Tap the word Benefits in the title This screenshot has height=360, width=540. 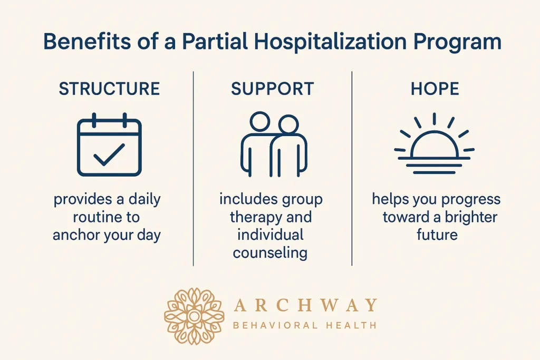[x=87, y=42]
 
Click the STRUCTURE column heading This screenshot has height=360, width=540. [x=110, y=89]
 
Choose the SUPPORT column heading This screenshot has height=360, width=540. [x=273, y=89]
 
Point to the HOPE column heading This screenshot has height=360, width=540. [x=435, y=89]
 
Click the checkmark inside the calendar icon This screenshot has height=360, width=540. [x=109, y=154]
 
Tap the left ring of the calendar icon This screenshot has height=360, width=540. [x=94, y=120]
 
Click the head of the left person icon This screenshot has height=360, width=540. [x=259, y=121]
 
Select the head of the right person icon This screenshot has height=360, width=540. [x=288, y=124]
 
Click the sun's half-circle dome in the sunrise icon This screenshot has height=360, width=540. [x=435, y=132]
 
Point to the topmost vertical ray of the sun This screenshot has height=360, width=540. [x=435, y=119]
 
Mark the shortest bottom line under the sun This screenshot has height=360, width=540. [x=435, y=172]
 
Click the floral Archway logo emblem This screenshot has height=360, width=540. [x=194, y=316]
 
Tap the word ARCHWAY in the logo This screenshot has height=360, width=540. [x=305, y=305]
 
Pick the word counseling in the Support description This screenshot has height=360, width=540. [x=270, y=254]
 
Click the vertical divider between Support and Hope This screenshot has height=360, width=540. [x=352, y=168]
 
